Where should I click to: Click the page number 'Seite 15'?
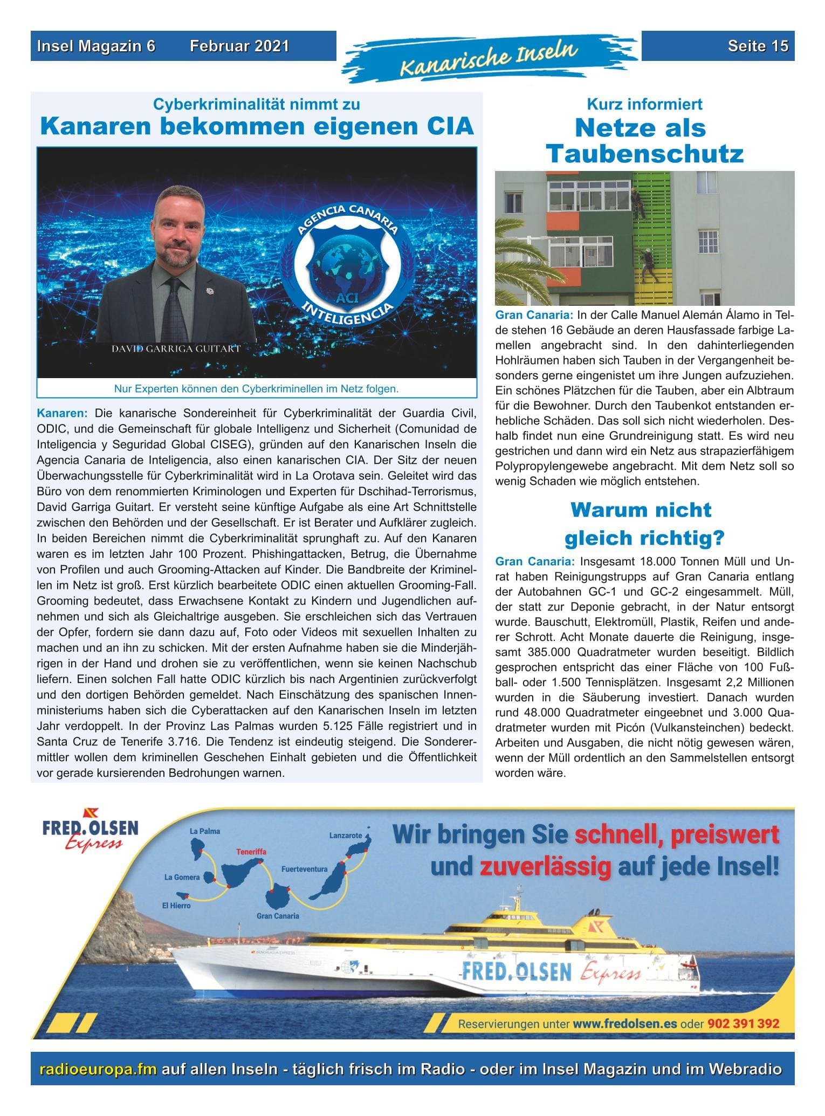coord(758,46)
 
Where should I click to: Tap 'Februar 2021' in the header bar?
coord(239,46)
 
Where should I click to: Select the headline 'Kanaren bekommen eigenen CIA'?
coord(257,127)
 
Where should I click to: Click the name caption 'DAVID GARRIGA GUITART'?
coord(176,348)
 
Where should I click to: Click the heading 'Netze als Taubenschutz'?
coord(644,141)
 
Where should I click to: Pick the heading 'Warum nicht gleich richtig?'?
coord(644,524)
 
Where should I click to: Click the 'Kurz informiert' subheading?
coord(644,104)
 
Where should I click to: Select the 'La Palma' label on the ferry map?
coord(205,831)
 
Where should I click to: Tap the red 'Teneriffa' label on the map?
coord(251,852)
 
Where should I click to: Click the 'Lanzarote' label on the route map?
coord(346,836)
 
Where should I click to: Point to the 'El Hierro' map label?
coord(176,906)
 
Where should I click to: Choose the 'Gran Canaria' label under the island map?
coord(278,916)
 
